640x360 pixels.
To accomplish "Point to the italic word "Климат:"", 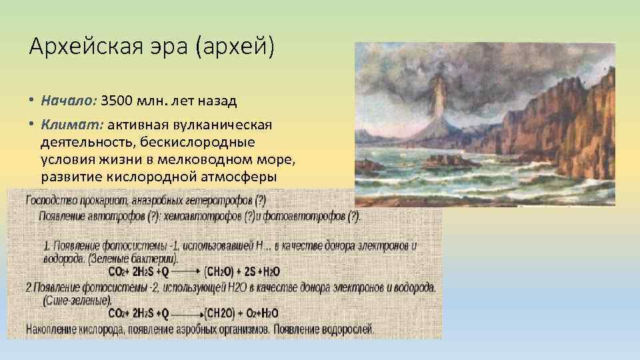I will coord(71,125).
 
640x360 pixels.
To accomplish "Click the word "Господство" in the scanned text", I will coord(51,200).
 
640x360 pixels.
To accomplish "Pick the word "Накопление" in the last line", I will coord(53,329).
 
